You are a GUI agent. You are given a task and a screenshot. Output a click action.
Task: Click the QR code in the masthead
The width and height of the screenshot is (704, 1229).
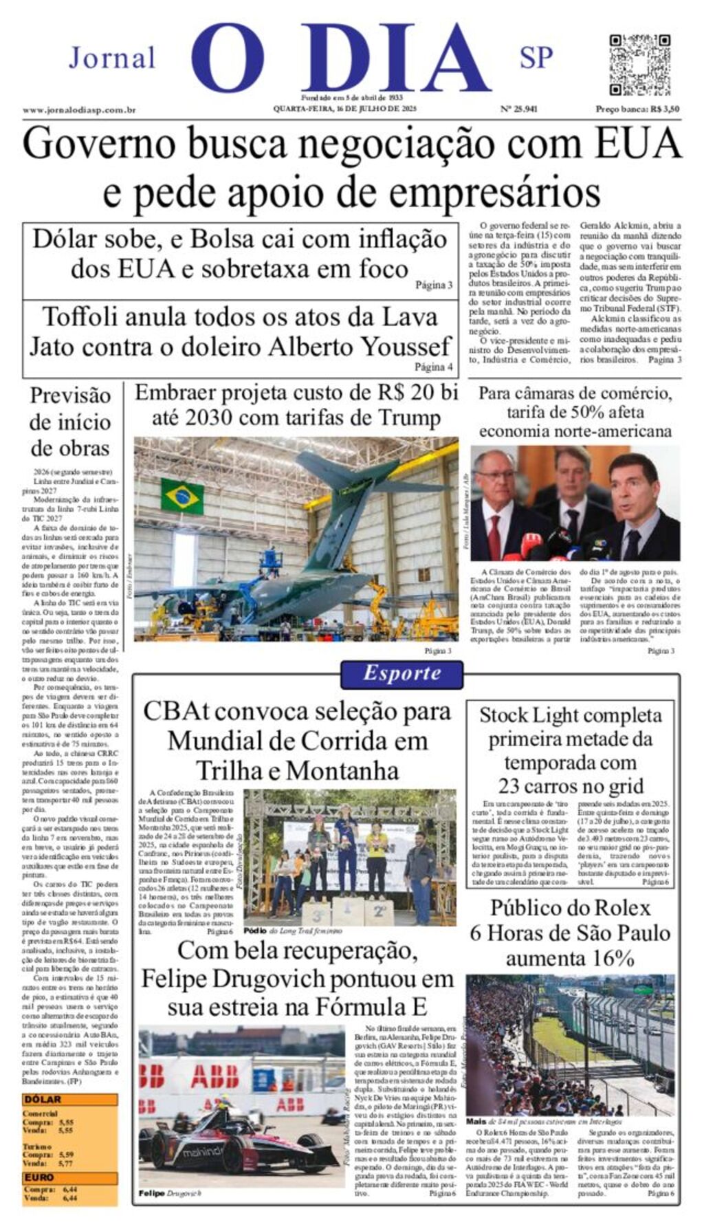pyautogui.click(x=639, y=65)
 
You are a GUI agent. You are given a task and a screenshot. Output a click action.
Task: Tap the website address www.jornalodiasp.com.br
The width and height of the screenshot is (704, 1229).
pyautogui.click(x=78, y=110)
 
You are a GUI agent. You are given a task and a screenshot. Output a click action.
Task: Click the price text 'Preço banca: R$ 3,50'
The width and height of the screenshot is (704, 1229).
pyautogui.click(x=637, y=109)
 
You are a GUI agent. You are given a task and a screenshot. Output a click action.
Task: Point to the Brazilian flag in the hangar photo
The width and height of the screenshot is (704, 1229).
pyautogui.click(x=182, y=497)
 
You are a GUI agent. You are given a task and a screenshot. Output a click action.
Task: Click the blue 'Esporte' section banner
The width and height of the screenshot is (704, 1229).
pyautogui.click(x=402, y=673)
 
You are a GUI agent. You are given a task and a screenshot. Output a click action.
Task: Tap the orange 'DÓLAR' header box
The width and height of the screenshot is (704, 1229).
pyautogui.click(x=69, y=1100)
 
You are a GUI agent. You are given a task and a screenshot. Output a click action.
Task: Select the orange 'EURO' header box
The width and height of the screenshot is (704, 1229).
pyautogui.click(x=69, y=1177)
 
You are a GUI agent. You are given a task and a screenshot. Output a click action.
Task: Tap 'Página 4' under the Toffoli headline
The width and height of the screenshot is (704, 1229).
pyautogui.click(x=433, y=367)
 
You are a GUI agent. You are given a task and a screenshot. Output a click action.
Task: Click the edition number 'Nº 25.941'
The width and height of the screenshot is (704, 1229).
pyautogui.click(x=518, y=109)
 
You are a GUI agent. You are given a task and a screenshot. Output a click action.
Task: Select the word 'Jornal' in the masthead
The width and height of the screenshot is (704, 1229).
pyautogui.click(x=112, y=58)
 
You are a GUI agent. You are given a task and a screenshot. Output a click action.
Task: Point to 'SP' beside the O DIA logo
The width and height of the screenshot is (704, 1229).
pyautogui.click(x=536, y=58)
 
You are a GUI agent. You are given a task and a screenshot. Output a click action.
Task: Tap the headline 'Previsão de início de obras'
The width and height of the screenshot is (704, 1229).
pyautogui.click(x=70, y=422)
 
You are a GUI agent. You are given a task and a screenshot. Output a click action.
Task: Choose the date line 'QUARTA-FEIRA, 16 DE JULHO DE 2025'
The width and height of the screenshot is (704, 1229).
pyautogui.click(x=344, y=109)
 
